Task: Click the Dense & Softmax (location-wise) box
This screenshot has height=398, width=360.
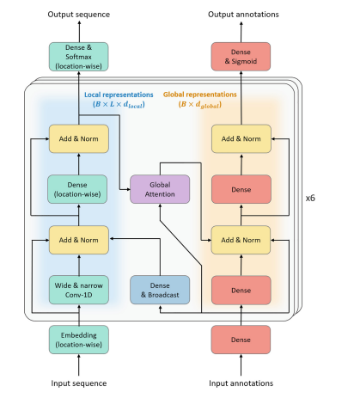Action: (x=79, y=57)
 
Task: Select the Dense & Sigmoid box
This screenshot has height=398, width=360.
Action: (x=241, y=57)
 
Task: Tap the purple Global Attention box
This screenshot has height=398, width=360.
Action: (x=159, y=189)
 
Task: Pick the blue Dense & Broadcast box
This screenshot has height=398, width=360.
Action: (x=159, y=291)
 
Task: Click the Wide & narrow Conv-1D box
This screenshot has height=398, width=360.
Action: (x=79, y=291)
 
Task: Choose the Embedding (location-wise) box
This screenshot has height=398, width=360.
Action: (x=79, y=341)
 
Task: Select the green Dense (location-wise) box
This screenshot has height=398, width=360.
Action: (x=79, y=189)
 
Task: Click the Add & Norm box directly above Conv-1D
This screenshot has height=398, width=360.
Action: (x=79, y=239)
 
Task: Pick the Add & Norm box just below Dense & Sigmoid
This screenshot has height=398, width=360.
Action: (x=241, y=138)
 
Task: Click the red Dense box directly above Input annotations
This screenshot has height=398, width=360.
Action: (x=241, y=341)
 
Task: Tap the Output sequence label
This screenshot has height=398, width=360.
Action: (x=79, y=13)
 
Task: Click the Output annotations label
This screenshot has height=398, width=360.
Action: (x=241, y=13)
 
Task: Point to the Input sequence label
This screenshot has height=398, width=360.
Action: (x=79, y=383)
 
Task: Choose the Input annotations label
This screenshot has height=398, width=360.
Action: (x=241, y=383)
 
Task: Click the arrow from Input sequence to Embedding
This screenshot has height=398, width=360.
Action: (x=79, y=365)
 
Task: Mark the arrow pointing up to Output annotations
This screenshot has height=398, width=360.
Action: (x=241, y=31)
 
